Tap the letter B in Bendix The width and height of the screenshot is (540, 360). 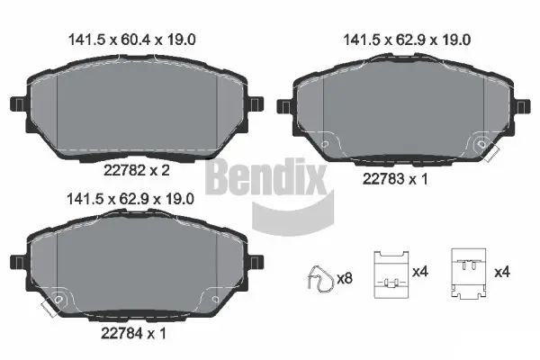(x=220, y=177)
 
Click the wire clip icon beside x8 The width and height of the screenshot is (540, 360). (x=317, y=276)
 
